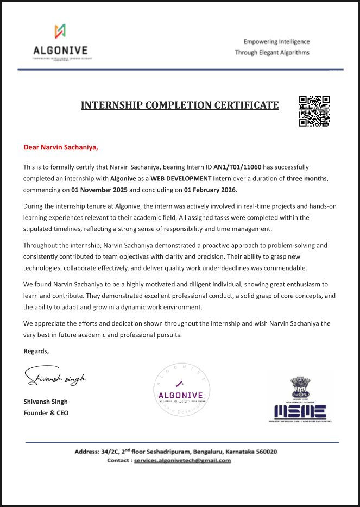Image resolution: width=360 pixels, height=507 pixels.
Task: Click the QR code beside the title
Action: pos(314,111)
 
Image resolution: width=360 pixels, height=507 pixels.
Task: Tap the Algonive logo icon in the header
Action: pos(61,32)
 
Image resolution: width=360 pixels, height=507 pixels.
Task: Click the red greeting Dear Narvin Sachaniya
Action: pos(61,147)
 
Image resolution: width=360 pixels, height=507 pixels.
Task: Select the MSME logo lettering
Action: pos(300,411)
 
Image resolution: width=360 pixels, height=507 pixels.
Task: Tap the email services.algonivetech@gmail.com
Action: pos(182,460)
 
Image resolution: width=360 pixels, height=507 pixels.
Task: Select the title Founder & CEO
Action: pos(46,413)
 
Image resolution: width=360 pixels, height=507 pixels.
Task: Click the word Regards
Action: pos(36,351)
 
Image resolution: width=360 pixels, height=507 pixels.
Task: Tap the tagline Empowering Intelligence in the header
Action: pos(276,42)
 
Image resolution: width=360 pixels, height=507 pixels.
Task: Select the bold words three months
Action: pos(307,179)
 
